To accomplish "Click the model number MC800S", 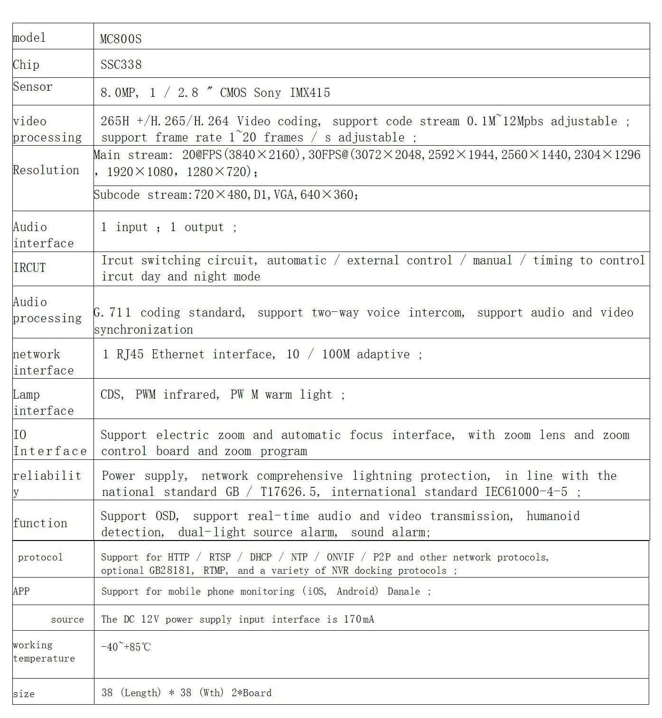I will tap(121, 39).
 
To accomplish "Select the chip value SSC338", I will tap(121, 65).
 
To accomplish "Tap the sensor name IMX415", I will tap(310, 93).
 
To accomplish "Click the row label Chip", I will tap(26, 65).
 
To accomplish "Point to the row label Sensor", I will tap(32, 87).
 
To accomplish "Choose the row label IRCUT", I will tap(29, 268).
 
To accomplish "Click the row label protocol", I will tap(40, 557).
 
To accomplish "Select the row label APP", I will tap(21, 591).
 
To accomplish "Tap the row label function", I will tap(40, 523).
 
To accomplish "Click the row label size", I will tap(24, 694).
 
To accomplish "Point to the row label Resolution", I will tap(46, 170).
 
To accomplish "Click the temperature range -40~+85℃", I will tap(126, 647).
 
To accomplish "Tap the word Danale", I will tap(403, 591).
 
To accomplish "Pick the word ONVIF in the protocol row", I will tap(340, 557).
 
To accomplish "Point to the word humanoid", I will tap(553, 516).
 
